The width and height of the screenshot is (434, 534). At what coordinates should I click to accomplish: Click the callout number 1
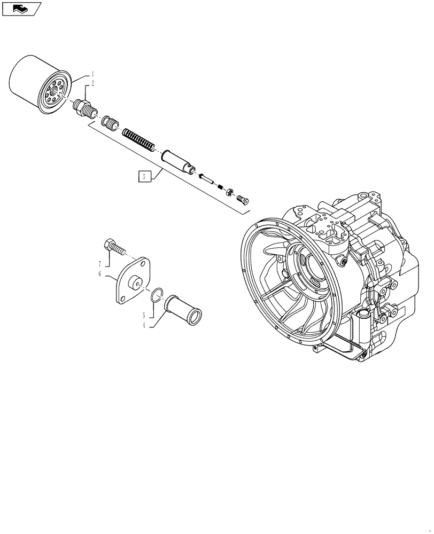pos(92,73)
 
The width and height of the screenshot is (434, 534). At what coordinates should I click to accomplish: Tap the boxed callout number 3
pos(143,177)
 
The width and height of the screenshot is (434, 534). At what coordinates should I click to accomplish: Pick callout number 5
pos(144,315)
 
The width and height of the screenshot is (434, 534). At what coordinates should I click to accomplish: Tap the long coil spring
pos(138,138)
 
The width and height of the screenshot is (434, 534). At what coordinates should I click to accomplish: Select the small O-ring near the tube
pos(156,294)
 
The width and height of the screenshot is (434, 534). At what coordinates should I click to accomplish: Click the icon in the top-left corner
pos(21,9)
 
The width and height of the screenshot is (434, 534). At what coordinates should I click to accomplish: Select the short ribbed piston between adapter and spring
pos(111,124)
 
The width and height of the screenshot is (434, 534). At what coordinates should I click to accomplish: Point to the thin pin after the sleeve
pos(208,179)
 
